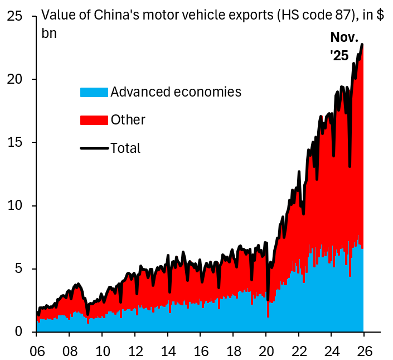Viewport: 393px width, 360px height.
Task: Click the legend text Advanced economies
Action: pyautogui.click(x=176, y=92)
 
